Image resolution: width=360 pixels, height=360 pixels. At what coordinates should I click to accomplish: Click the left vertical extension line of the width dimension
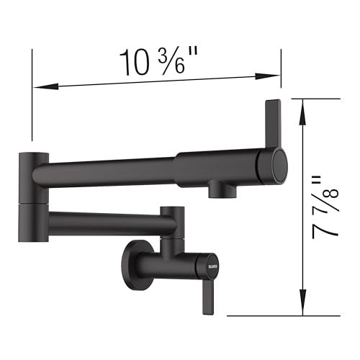[x=32, y=94]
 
